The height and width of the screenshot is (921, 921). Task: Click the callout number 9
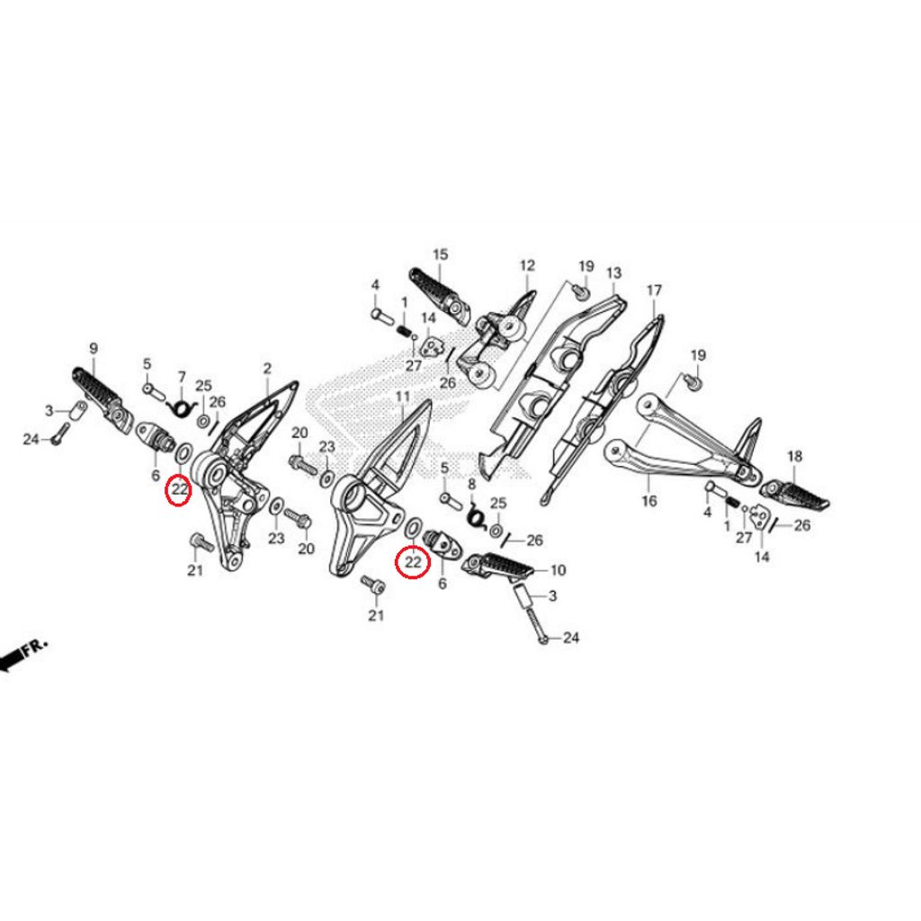click(94, 349)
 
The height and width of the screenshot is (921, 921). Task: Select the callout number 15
click(440, 255)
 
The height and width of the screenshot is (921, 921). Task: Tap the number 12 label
click(527, 265)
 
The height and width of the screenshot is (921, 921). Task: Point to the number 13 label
click(613, 273)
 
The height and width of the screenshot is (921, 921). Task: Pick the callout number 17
click(655, 291)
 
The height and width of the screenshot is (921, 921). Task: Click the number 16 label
click(649, 501)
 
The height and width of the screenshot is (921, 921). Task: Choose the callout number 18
click(795, 456)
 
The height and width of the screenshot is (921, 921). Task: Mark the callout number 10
click(558, 569)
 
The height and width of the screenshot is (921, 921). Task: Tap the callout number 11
click(402, 397)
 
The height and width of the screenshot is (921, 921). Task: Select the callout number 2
click(267, 369)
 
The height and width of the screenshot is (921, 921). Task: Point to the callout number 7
click(182, 377)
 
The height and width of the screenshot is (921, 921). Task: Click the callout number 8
click(471, 485)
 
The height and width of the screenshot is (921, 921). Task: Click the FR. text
click(35, 647)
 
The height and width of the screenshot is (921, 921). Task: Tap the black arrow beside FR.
click(12, 660)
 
